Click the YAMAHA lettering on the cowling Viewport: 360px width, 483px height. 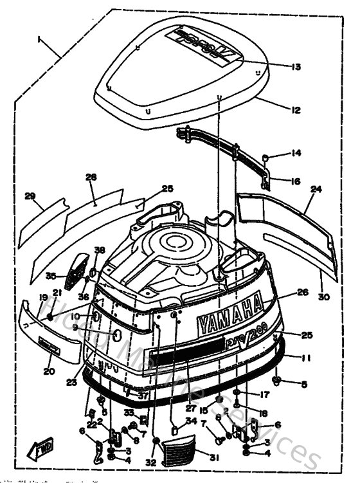230,315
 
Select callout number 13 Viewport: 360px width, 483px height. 295,66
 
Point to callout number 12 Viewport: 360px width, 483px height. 295,110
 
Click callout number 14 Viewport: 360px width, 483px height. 295,154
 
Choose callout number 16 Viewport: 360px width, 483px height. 295,181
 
